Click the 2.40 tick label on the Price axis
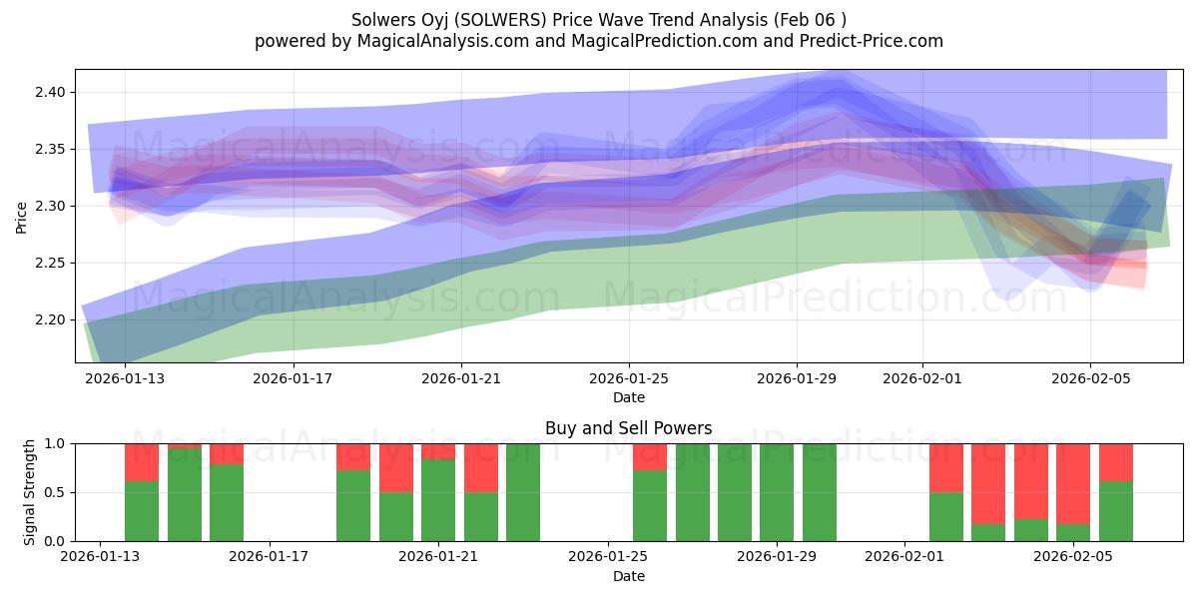click(x=48, y=92)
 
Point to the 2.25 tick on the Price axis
click(x=48, y=263)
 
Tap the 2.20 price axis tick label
click(x=48, y=319)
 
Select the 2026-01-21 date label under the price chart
click(x=460, y=379)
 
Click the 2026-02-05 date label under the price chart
click(x=1089, y=379)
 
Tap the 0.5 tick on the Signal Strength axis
click(x=56, y=492)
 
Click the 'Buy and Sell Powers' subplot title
click(x=628, y=428)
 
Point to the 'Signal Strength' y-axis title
click(x=30, y=492)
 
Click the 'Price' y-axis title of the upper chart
click(x=22, y=216)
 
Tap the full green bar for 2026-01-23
click(x=523, y=492)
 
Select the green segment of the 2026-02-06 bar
click(x=1115, y=511)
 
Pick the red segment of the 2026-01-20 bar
click(x=396, y=467)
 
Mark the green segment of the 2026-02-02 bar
click(x=946, y=516)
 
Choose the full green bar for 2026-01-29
click(x=777, y=492)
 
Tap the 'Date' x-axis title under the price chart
click(x=628, y=397)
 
